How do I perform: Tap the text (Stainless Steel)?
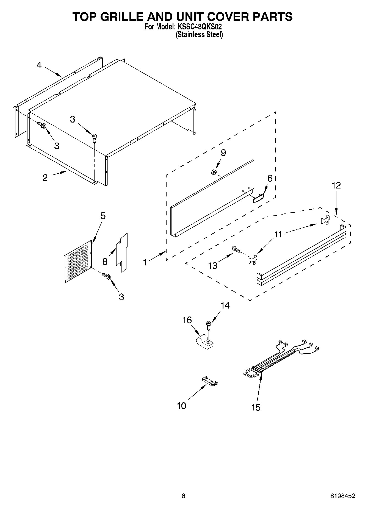[199, 35]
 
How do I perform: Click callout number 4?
[39, 65]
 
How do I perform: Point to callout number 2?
[45, 177]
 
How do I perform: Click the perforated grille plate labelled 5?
[78, 262]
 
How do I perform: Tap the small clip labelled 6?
[258, 198]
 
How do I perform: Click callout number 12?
[336, 185]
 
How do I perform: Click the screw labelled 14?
[208, 325]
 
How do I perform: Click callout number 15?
[256, 407]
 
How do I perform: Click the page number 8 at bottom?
[183, 496]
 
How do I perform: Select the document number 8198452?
[342, 496]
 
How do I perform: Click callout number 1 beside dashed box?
[145, 262]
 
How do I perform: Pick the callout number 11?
[278, 234]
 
